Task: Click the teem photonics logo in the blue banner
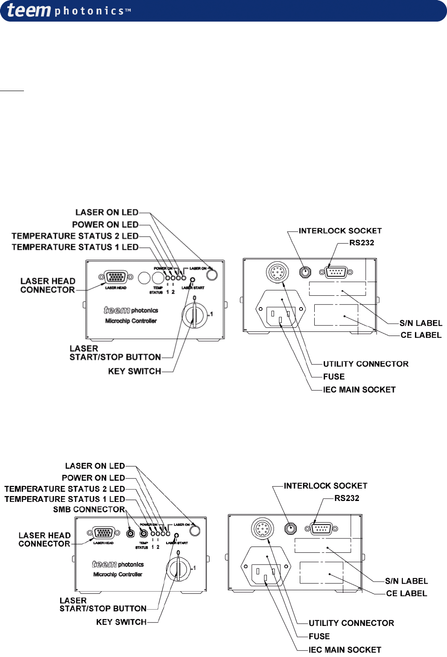pos(68,10)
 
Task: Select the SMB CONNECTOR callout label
pos(89,510)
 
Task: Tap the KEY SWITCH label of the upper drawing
pos(135,371)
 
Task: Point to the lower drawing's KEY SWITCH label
pos(121,622)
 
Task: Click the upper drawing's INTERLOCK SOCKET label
pos(340,231)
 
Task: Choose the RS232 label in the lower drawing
pos(347,498)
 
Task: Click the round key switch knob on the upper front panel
pos(195,315)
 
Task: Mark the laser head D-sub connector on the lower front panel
pos(103,533)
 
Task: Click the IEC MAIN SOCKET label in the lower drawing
pos(345,650)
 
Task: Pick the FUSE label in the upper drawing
pos(334,377)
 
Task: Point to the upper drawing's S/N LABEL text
pos(421,323)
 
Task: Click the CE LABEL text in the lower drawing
pos(406,593)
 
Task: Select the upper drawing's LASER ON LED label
pos(107,212)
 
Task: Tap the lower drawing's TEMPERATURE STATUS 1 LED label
pos(65,499)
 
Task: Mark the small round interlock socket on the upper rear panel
pos(306,272)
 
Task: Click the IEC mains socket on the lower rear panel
pos(266,574)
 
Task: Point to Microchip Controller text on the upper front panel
pos(131,321)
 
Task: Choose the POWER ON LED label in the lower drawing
pos(93,478)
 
